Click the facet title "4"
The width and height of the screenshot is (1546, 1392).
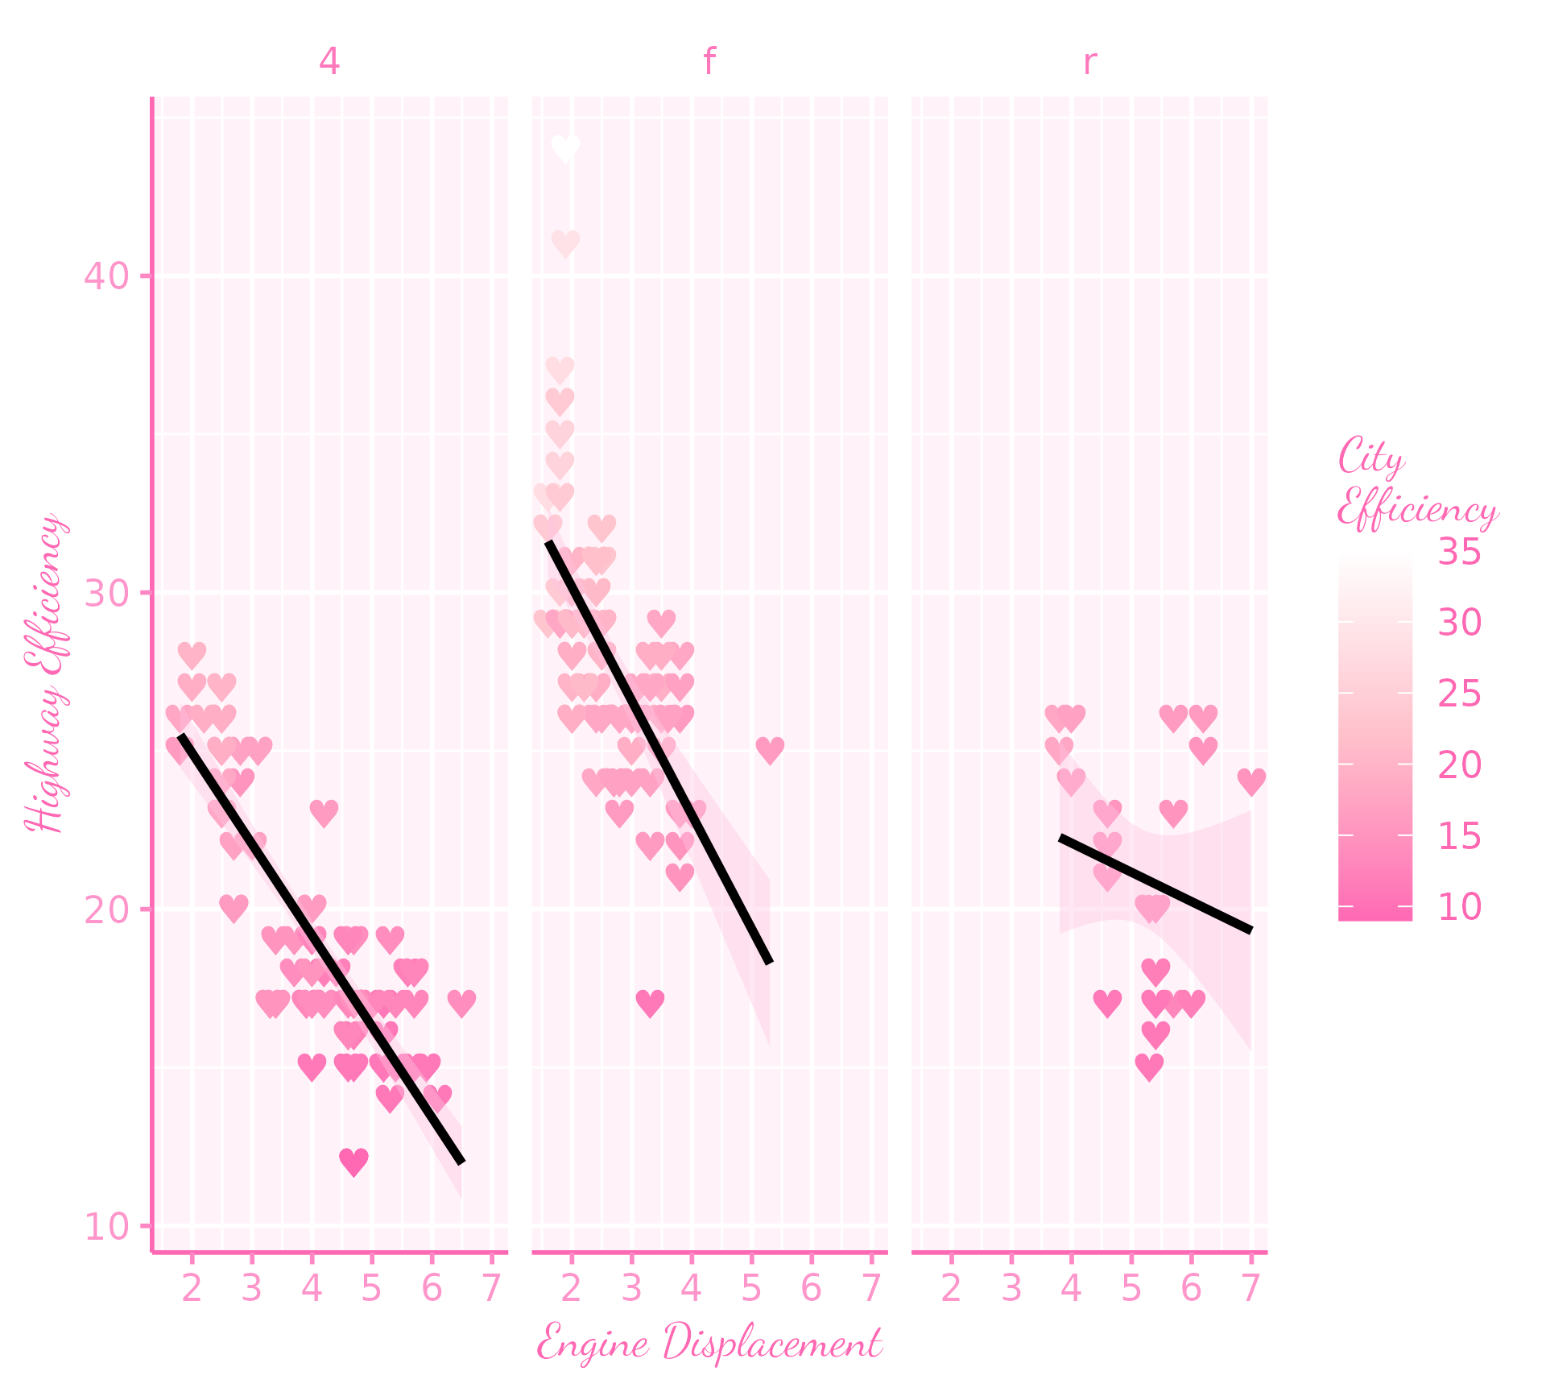click(x=329, y=62)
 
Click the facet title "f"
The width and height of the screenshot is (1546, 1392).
click(x=709, y=62)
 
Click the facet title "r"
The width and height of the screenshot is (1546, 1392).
click(x=1089, y=62)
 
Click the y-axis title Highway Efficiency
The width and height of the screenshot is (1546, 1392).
click(x=46, y=673)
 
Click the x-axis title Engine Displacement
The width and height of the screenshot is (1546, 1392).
click(x=709, y=1344)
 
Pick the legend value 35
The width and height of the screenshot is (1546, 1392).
click(x=1459, y=553)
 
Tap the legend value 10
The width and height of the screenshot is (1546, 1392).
click(x=1459, y=907)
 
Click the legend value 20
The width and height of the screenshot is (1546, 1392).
click(x=1459, y=765)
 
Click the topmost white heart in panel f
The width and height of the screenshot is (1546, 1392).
click(x=566, y=148)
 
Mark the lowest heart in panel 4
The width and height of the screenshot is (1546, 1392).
click(x=353, y=1161)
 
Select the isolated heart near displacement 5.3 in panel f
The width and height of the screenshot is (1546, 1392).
click(x=770, y=750)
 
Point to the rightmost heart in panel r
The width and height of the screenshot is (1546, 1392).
click(x=1251, y=781)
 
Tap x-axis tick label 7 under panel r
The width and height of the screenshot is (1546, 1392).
click(x=1250, y=1290)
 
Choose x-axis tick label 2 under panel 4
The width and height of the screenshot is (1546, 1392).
click(x=192, y=1290)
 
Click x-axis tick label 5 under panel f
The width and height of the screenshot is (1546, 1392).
click(x=751, y=1290)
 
